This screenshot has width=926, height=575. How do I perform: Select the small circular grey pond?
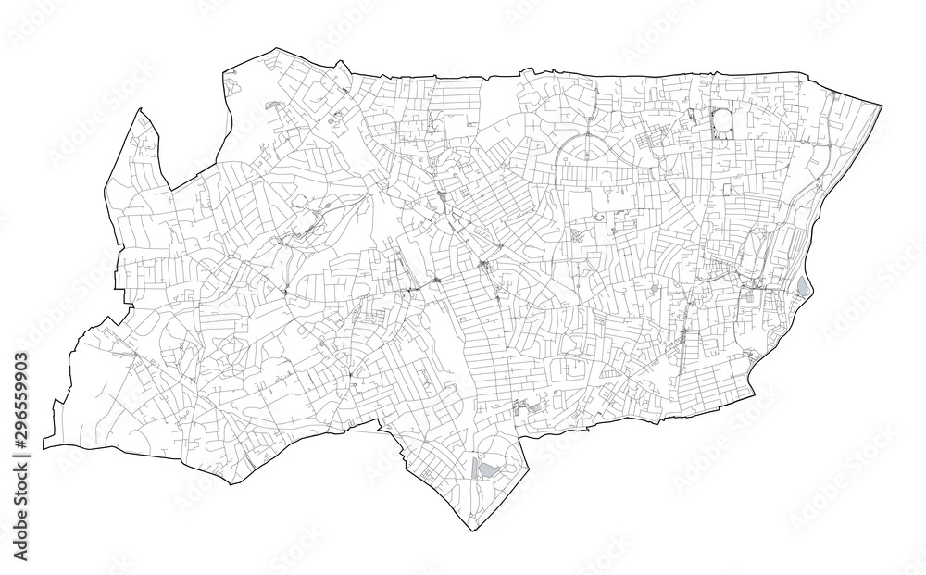click(x=655, y=290)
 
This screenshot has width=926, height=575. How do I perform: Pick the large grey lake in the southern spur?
click(x=482, y=469)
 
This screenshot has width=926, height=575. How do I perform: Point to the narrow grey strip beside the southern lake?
click(x=474, y=468)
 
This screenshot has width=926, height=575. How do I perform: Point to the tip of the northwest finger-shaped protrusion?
click(x=140, y=110)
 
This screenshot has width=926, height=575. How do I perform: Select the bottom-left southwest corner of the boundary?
click(x=43, y=446)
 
